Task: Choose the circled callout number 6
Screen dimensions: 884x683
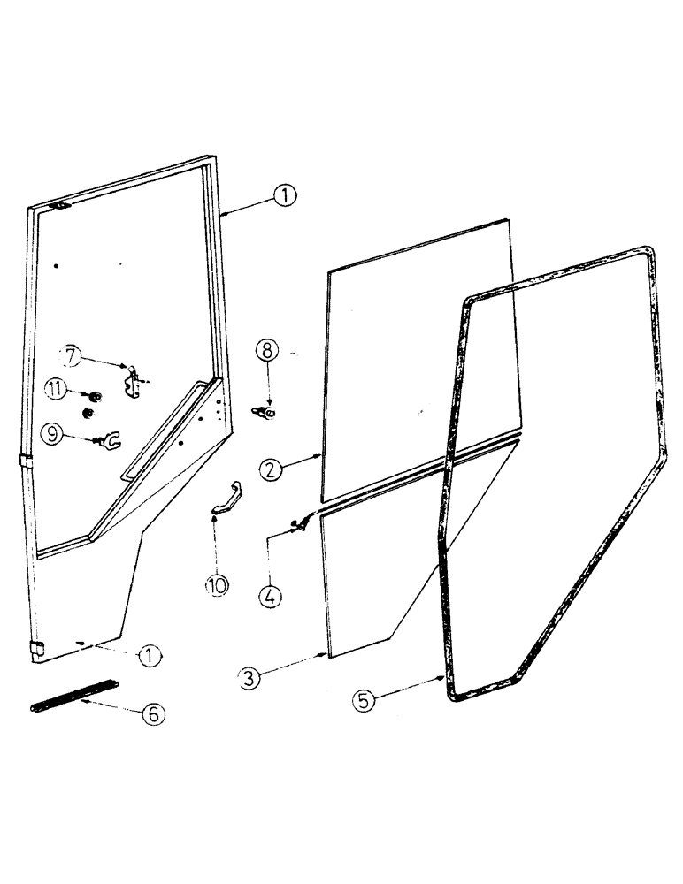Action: [153, 713]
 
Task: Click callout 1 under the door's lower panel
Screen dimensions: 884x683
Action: [150, 656]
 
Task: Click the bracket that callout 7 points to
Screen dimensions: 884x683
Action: [134, 384]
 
